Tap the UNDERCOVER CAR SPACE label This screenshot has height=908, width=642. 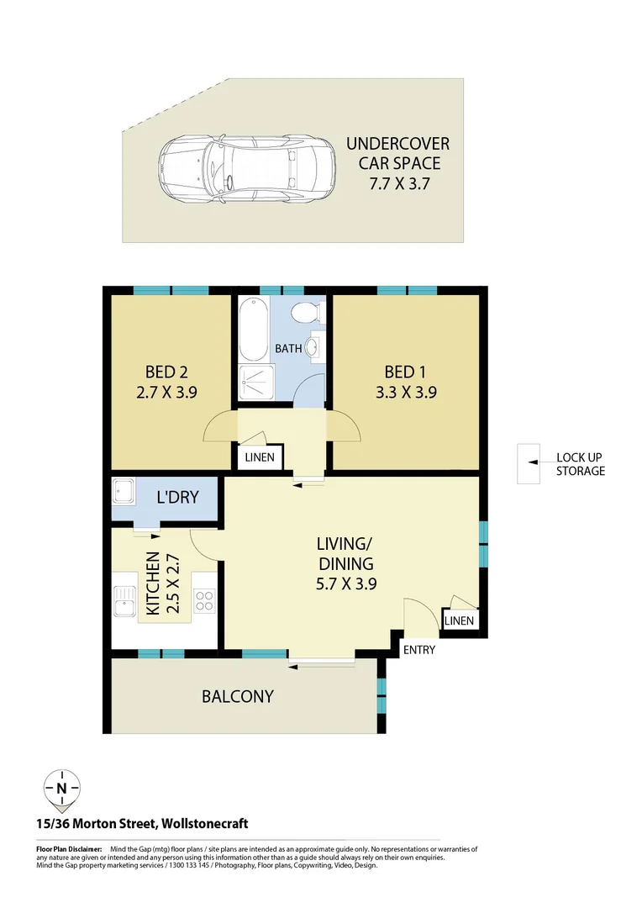pos(398,164)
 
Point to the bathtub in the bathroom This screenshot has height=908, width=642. pos(252,330)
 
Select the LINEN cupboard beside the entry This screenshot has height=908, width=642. pos(459,620)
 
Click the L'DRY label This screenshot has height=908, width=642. pos(177,497)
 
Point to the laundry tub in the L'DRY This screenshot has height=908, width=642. pos(126,491)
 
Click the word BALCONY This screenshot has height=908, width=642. pos(237,696)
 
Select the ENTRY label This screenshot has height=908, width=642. pos(419,650)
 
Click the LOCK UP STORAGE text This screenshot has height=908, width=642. pos(580,464)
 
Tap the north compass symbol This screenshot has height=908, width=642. pos(62,788)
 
